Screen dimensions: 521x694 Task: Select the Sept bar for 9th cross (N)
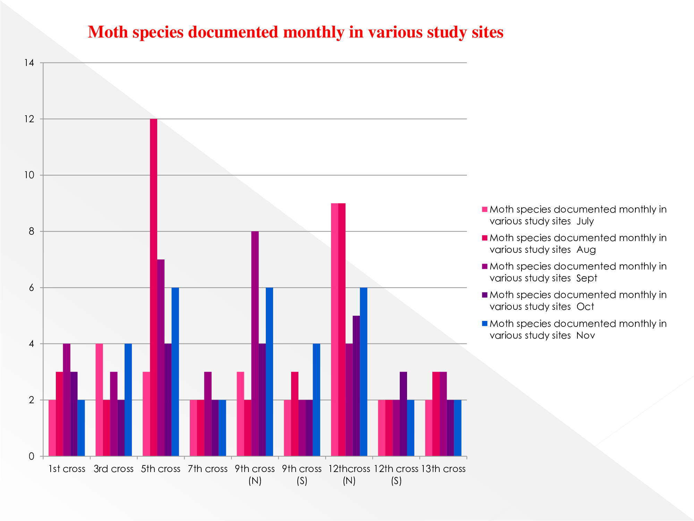(255, 344)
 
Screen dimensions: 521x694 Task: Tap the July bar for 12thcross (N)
(335, 330)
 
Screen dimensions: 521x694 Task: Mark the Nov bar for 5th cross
(175, 372)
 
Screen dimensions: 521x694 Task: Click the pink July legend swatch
(485, 209)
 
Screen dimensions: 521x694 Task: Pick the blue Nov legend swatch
(485, 324)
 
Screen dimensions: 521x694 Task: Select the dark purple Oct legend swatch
(485, 295)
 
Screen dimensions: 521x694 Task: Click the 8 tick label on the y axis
(32, 231)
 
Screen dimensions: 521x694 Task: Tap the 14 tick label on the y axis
(29, 63)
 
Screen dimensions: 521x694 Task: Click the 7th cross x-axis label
(208, 469)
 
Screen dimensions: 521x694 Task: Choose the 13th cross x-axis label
(443, 469)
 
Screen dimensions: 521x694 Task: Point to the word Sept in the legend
(586, 278)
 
